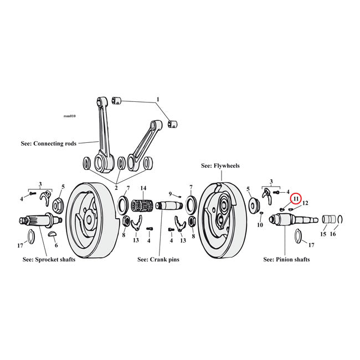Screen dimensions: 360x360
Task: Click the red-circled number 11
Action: pyautogui.click(x=296, y=198)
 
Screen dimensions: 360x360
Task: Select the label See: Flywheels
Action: pyautogui.click(x=220, y=166)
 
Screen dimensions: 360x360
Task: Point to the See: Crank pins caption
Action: pyautogui.click(x=158, y=259)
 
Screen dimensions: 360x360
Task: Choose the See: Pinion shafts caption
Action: pyautogui.click(x=286, y=259)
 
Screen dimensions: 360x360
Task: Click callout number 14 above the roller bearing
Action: pyautogui.click(x=143, y=188)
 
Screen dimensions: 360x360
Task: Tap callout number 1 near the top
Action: pyautogui.click(x=157, y=100)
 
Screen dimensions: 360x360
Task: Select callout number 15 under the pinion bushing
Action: pyautogui.click(x=323, y=234)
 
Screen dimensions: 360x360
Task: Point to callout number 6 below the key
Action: pyautogui.click(x=55, y=245)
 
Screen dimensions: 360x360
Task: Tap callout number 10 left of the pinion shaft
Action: pyautogui.click(x=260, y=225)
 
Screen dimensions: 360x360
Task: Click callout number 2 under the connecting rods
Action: pyautogui.click(x=117, y=188)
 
